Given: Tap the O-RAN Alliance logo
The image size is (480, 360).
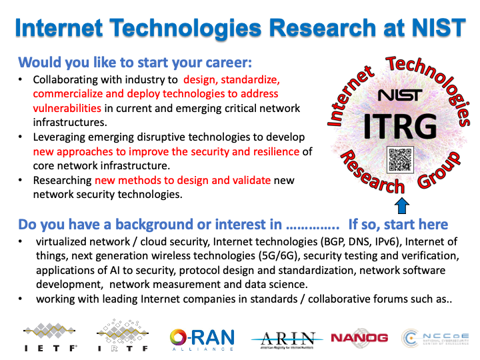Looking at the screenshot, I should [x=202, y=339].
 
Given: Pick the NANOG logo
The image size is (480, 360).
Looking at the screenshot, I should [x=359, y=338].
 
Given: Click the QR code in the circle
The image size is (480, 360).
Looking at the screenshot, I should [x=401, y=160].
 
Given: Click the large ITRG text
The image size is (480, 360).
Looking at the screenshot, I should [x=400, y=125].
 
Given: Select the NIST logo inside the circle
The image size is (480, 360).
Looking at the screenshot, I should [x=399, y=95].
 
